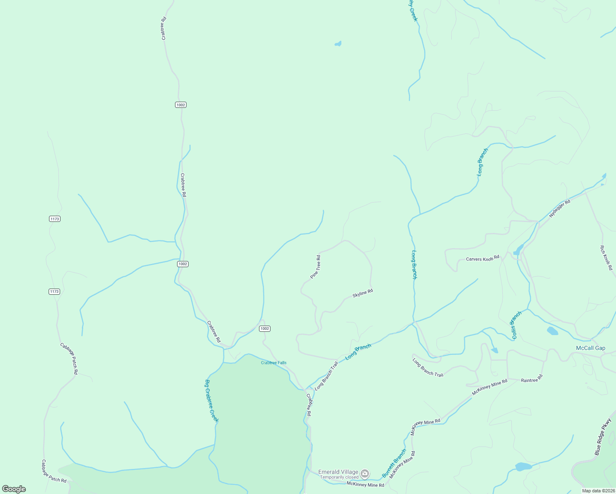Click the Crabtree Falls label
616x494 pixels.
[274, 363]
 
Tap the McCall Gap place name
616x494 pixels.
[590, 348]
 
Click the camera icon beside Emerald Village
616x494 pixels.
[365, 474]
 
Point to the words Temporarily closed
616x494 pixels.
[339, 478]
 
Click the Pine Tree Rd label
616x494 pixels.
[315, 267]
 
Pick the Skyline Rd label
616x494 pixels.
[363, 294]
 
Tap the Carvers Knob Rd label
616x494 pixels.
[483, 259]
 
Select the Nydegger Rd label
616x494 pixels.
[560, 209]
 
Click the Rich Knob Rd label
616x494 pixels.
[606, 258]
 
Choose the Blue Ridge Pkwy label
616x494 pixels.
[603, 437]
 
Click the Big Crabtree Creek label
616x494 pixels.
[211, 401]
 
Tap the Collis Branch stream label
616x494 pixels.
[516, 325]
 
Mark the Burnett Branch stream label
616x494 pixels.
[394, 463]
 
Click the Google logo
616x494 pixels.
[14, 489]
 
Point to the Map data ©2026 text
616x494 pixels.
[598, 491]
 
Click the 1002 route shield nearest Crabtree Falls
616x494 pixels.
[265, 329]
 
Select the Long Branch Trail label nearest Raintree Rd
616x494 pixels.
[428, 368]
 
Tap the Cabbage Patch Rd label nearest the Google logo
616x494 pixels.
[54, 471]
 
